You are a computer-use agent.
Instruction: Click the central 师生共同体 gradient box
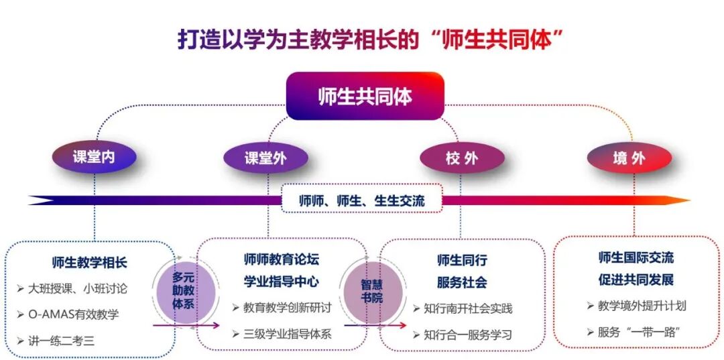365,97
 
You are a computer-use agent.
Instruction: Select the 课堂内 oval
94,158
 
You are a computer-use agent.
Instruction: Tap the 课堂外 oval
267,158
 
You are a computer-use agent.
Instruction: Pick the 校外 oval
462,158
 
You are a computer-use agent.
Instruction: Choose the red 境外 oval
629,159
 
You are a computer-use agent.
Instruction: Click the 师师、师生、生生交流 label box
361,200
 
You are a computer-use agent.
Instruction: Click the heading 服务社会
462,282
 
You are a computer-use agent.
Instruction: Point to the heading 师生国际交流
636,257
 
